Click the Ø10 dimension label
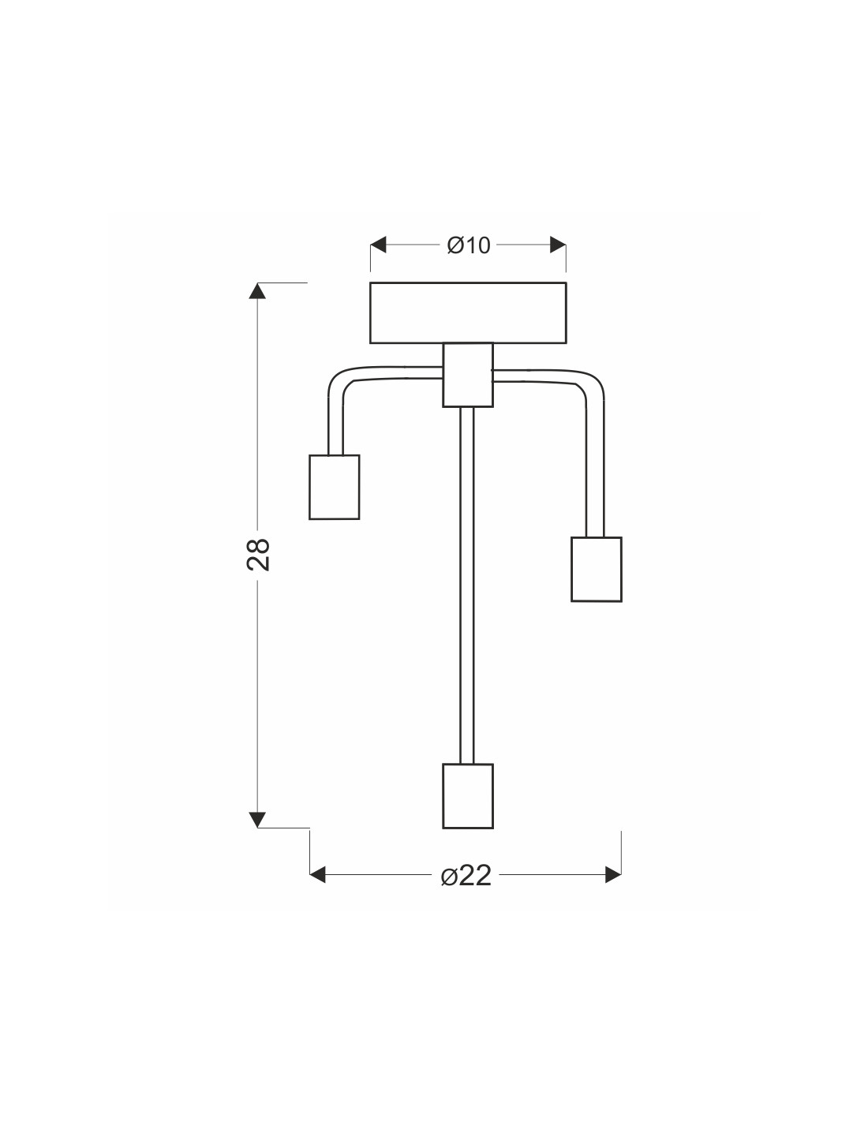coord(469,245)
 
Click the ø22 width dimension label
coord(466,876)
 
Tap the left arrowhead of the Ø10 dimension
coord(378,245)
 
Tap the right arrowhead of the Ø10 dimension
coord(558,245)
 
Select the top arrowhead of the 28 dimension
coord(257,290)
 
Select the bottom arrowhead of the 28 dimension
coord(257,820)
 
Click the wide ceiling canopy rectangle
coord(468,312)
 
